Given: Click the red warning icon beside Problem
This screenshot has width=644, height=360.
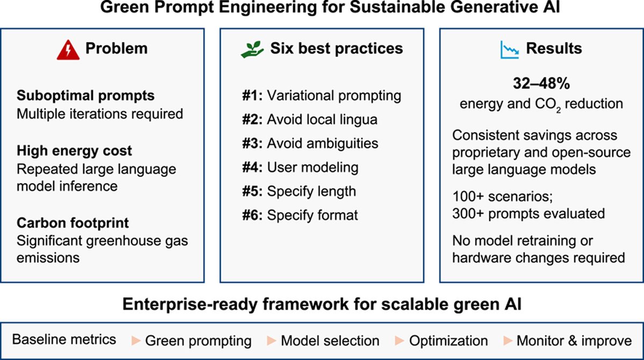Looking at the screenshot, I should [67, 48].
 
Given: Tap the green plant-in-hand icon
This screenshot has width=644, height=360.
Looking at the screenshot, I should [249, 48].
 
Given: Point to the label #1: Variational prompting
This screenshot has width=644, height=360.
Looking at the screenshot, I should [321, 96].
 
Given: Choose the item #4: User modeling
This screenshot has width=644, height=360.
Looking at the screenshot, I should [299, 167].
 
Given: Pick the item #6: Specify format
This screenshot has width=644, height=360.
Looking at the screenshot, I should [299, 215].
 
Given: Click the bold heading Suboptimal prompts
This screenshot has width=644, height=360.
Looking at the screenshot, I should [86, 96].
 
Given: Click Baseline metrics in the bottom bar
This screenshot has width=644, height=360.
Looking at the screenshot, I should [64, 340].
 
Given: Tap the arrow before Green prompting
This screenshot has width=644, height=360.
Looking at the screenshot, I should [136, 341].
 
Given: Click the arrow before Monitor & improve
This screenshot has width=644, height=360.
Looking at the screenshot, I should [508, 341].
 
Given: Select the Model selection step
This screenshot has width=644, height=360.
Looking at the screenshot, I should [330, 341].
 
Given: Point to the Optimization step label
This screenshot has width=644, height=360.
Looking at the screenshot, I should [448, 341].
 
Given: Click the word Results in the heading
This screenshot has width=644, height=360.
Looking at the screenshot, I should [553, 48].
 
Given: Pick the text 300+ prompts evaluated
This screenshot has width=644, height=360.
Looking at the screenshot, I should [529, 213].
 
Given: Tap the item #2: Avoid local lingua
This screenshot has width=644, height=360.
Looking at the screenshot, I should [309, 119].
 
